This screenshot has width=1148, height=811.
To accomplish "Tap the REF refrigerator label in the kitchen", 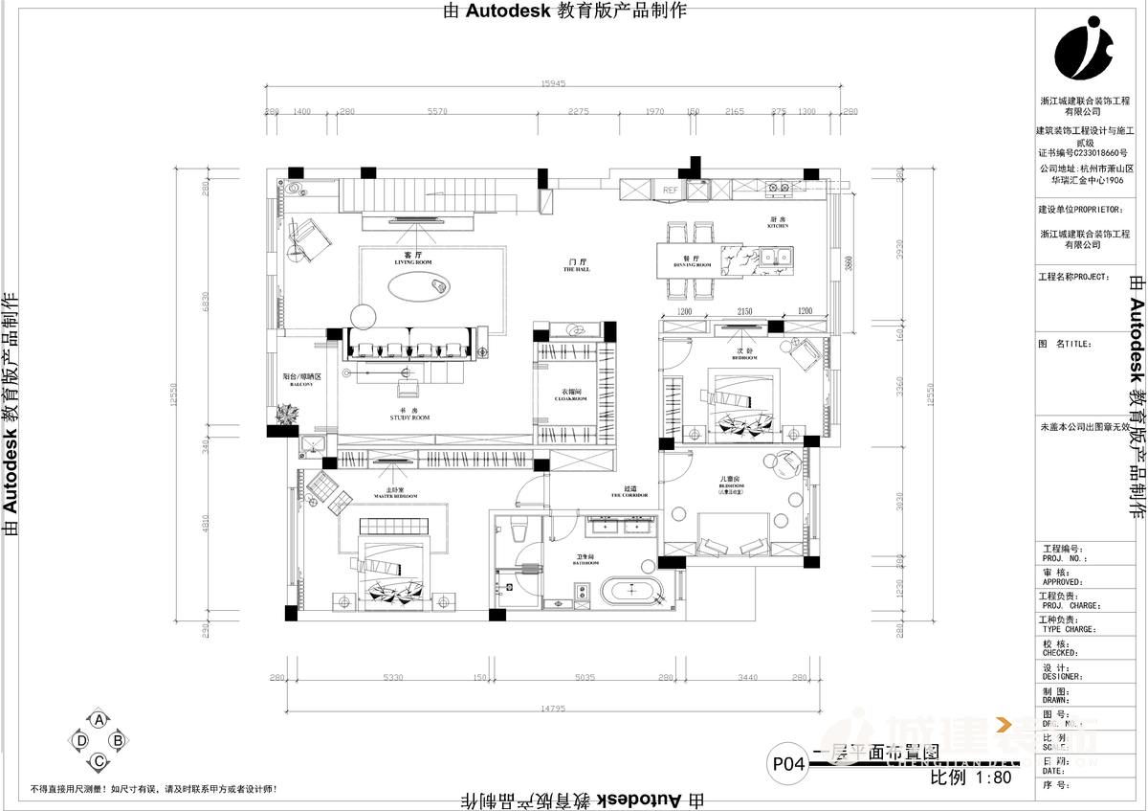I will [671, 191].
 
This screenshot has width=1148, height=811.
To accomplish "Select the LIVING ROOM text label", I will [413, 259].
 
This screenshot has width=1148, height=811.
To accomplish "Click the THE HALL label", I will [577, 269].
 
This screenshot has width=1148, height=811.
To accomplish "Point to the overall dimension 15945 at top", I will [554, 84].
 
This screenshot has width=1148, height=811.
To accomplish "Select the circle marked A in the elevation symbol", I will [97, 719].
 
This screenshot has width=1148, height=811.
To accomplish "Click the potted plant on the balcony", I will [285, 414].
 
